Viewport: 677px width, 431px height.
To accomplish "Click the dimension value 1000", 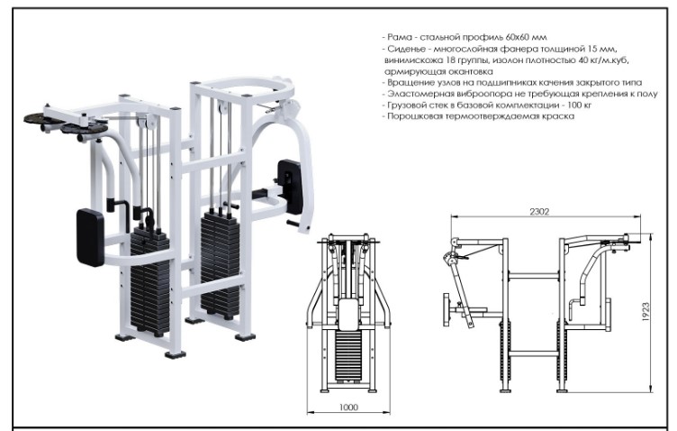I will click(x=349, y=408).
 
